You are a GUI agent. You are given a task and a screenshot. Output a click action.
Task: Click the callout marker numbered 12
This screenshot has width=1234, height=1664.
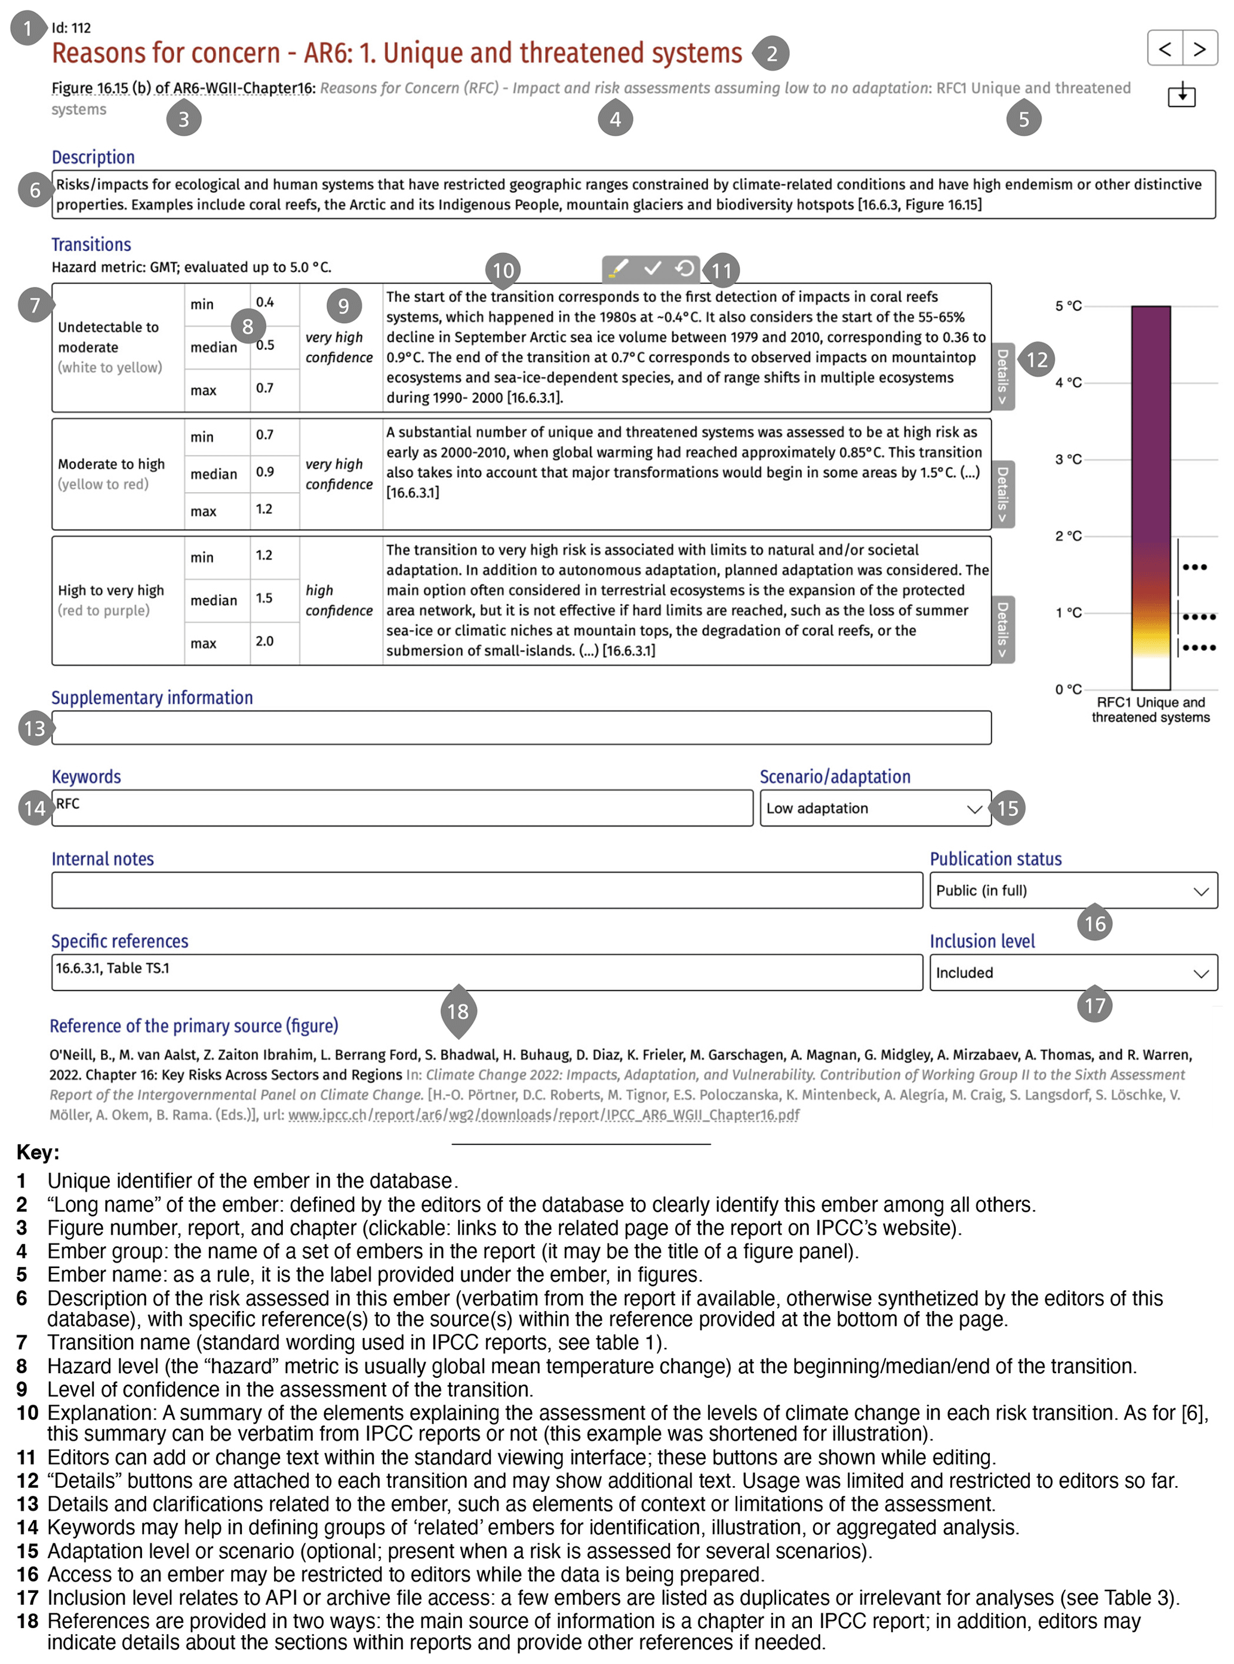point(1036,360)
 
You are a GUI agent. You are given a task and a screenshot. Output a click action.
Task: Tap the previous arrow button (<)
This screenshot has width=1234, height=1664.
point(1165,50)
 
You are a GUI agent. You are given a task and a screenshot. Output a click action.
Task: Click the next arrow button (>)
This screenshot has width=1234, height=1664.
point(1199,50)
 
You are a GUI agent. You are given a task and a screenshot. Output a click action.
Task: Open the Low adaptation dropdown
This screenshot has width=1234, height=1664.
point(875,809)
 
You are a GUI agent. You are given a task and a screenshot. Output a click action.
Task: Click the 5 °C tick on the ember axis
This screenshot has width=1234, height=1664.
point(1068,306)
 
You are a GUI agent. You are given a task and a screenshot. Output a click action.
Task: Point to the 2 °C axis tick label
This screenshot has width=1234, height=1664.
point(1068,536)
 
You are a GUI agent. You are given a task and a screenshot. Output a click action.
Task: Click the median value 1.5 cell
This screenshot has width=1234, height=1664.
point(264,598)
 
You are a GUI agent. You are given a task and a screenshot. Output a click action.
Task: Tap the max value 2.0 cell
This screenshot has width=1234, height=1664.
point(264,641)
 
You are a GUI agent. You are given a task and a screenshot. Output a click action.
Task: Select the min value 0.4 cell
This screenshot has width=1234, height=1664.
point(265,303)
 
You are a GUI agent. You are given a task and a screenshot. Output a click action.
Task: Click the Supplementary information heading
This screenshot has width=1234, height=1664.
point(152,698)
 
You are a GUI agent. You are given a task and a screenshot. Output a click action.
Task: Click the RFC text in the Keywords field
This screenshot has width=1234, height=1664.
point(68,804)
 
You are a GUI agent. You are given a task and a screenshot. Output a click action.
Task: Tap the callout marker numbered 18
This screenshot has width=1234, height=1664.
point(458,1011)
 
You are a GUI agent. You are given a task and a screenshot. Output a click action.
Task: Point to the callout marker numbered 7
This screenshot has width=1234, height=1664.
point(35,305)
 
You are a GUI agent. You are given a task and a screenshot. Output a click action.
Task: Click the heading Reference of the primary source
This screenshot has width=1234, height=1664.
point(193,1026)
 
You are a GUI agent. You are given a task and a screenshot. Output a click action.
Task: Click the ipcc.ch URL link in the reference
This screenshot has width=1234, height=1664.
point(544,1115)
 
